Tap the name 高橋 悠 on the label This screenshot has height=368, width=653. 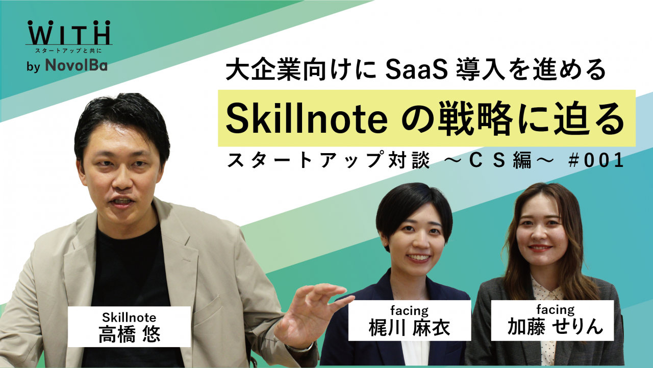[x=129, y=334]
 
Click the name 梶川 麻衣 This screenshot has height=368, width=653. [x=409, y=328]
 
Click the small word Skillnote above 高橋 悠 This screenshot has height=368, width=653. [x=129, y=316]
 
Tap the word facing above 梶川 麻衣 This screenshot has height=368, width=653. [x=409, y=310]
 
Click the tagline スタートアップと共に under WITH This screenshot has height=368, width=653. [x=69, y=51]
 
